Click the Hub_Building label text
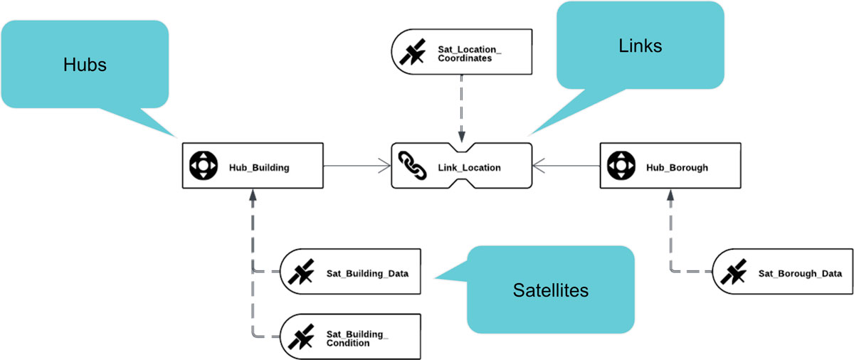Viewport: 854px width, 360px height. (x=258, y=168)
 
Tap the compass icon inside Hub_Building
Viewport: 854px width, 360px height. (x=203, y=166)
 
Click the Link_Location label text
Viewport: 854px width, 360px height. (x=469, y=168)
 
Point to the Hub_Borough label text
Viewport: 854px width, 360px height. (x=677, y=168)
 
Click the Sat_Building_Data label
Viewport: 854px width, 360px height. (x=367, y=273)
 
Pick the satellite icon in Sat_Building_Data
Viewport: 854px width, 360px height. (x=302, y=273)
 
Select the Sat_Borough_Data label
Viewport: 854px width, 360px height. (x=800, y=273)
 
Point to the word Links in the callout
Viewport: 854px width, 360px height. (x=640, y=46)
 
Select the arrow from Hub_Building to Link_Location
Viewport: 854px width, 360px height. (x=356, y=166)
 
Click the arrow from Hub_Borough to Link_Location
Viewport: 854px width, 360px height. (x=566, y=166)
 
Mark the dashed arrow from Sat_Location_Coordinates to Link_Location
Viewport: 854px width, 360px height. (x=462, y=107)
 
